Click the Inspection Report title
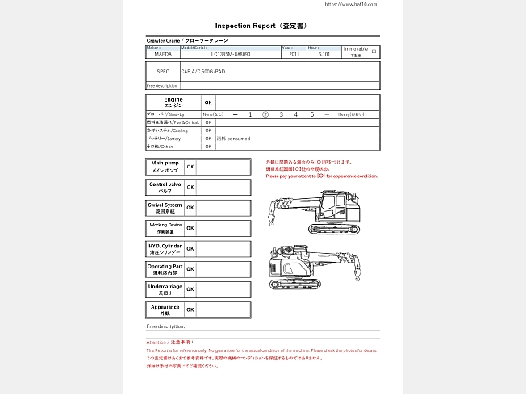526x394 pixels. (x=262, y=26)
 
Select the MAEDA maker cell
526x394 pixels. (x=162, y=54)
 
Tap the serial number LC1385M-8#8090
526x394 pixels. (x=231, y=54)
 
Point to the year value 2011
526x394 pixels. (x=294, y=54)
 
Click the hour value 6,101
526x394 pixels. (x=324, y=54)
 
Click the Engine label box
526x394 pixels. (x=173, y=102)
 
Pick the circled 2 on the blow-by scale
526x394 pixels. (x=265, y=115)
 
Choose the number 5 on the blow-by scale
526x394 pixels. (x=312, y=115)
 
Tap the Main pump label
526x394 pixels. (x=165, y=167)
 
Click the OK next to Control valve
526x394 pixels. (x=190, y=187)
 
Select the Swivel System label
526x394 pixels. (x=165, y=207)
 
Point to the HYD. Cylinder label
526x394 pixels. (x=165, y=248)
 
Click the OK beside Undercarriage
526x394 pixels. (x=190, y=289)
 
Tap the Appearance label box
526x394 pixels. (x=165, y=309)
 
